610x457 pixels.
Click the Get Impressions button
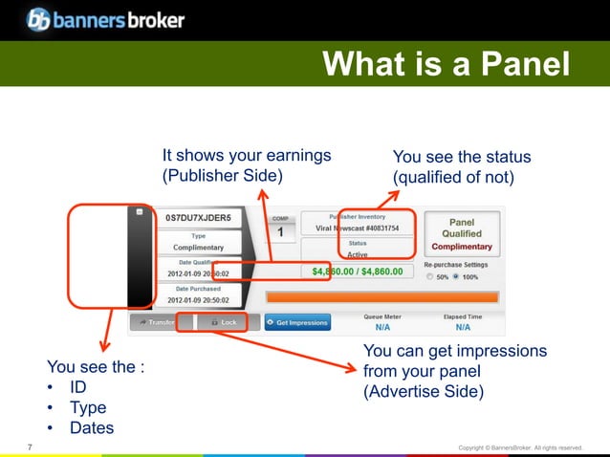[296, 322]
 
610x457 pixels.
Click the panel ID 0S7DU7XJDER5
[199, 218]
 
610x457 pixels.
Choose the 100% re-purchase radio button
[458, 276]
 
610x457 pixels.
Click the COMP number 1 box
[280, 231]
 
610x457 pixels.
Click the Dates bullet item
[92, 427]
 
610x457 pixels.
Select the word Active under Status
[357, 254]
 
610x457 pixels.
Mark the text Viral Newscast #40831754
[359, 228]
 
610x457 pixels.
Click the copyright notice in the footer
[520, 447]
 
